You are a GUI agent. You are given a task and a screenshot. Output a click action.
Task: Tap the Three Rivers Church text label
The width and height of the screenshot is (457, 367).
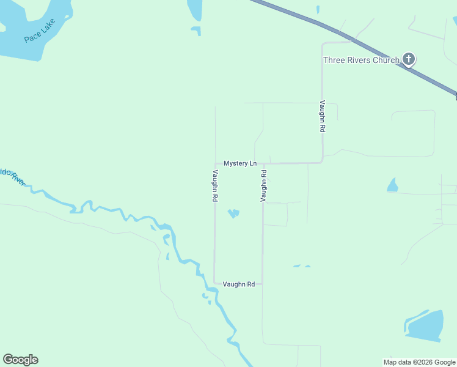point(360,60)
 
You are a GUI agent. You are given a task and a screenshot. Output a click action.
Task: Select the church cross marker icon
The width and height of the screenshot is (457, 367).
point(409,59)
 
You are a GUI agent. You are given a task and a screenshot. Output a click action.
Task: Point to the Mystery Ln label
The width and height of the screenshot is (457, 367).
point(240,163)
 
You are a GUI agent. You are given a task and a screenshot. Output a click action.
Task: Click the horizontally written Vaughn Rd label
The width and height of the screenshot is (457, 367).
point(238,284)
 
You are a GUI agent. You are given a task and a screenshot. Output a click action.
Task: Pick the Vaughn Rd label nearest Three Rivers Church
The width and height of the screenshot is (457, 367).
point(322,117)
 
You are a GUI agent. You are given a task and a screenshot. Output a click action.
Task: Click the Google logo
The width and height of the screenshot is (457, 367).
point(20,360)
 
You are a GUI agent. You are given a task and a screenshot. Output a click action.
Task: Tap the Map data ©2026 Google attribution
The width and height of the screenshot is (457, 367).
point(419,363)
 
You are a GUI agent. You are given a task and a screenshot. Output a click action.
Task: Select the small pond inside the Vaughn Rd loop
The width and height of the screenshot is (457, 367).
point(233,213)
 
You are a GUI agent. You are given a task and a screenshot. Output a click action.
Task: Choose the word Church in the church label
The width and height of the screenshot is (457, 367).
point(385,60)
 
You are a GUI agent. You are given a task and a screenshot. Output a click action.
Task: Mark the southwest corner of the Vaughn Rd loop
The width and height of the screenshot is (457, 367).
point(214,283)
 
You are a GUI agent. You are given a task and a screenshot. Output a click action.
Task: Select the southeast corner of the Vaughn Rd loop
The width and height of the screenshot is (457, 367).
point(262,283)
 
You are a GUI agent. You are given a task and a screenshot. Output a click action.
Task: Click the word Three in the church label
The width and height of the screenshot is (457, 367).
point(334,60)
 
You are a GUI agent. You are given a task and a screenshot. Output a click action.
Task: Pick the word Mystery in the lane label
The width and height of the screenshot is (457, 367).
point(236,163)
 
